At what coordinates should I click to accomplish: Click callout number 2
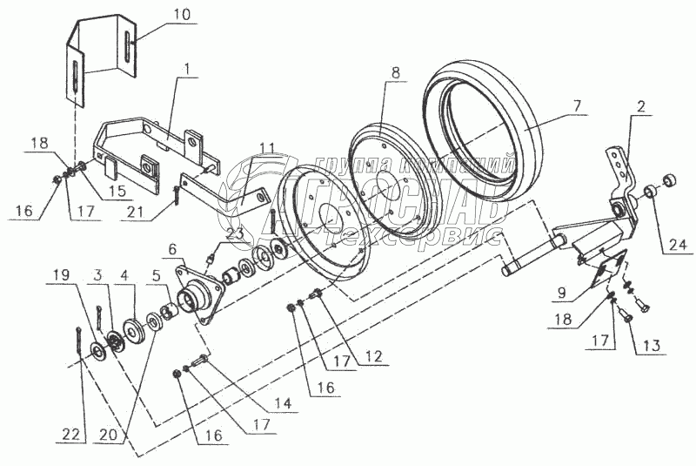pos(640,109)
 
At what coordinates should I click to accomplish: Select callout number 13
pos(649,346)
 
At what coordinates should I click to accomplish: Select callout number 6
pos(173,249)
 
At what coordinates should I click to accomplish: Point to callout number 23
pos(235,233)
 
